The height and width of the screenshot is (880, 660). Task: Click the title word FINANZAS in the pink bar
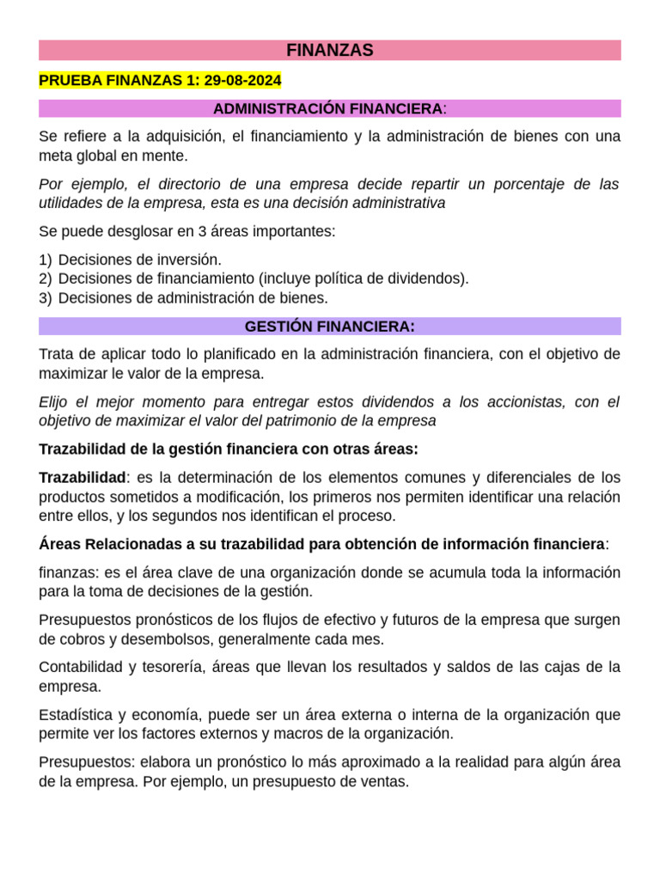click(x=330, y=51)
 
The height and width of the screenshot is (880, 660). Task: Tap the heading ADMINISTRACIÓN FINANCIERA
click(x=327, y=109)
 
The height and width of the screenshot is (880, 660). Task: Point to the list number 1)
click(x=46, y=260)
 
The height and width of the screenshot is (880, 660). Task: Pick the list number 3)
click(x=46, y=298)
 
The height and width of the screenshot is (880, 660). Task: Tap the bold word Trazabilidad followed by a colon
click(x=82, y=478)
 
